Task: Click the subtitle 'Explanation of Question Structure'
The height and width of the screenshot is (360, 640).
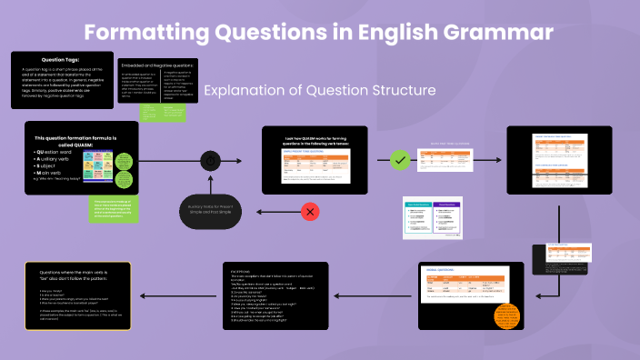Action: click(x=319, y=91)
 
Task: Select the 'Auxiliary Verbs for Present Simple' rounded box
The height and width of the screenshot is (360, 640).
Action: click(x=212, y=211)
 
